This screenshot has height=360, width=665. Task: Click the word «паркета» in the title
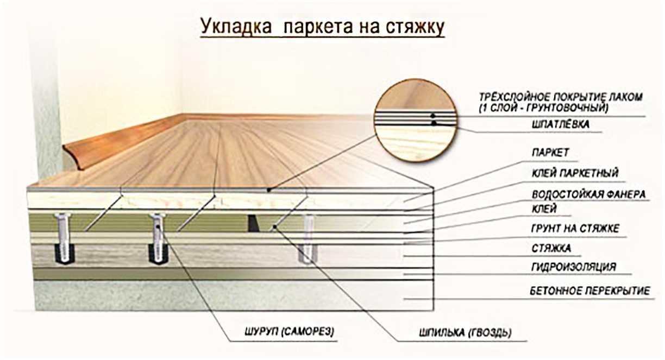coord(318,27)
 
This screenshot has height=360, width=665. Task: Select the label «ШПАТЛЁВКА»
coord(561,124)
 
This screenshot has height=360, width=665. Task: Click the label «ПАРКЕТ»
coord(550,153)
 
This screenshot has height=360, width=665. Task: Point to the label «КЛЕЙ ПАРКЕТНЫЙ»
coord(575,173)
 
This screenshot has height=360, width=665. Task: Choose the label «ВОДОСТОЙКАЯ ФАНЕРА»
coord(589,195)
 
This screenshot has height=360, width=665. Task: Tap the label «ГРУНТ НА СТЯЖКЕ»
coord(575,229)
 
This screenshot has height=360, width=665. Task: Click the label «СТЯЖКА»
coord(551,248)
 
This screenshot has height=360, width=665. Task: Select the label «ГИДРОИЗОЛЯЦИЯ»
coord(574,267)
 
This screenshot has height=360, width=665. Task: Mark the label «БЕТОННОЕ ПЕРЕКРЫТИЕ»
coord(590,291)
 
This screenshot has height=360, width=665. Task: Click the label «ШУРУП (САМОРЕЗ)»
coord(289,331)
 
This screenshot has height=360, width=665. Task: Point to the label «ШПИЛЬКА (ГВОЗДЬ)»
coord(465,333)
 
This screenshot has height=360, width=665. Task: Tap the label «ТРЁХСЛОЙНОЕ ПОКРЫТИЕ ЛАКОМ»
coord(561,97)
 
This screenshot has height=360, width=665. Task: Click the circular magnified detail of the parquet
coord(415,121)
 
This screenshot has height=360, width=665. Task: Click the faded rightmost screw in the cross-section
coord(308,239)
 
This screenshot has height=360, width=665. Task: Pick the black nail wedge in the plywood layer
coord(253,224)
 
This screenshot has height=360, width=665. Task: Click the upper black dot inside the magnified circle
coord(433,116)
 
